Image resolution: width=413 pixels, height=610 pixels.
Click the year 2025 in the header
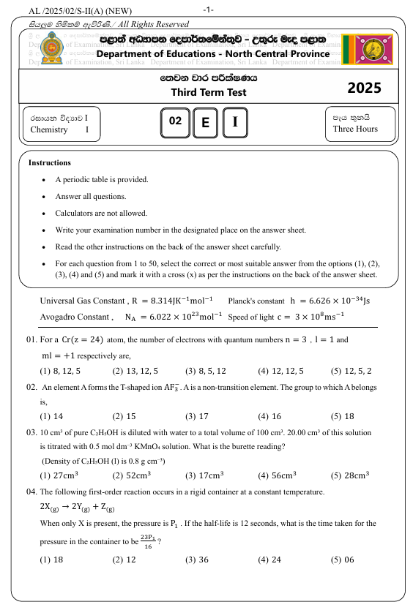[x=364, y=88]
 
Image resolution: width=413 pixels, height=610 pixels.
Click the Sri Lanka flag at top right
[x=368, y=49]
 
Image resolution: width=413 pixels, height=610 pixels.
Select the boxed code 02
[x=174, y=122]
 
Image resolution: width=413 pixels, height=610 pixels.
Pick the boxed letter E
[x=205, y=123]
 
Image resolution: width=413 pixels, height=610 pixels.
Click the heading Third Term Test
[x=209, y=92]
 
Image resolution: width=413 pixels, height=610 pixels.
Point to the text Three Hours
[x=355, y=129]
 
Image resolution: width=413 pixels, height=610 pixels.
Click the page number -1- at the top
[x=209, y=10]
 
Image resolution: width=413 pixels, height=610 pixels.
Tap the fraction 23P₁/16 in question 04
[x=149, y=541]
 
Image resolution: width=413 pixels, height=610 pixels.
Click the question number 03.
[x=31, y=432]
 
